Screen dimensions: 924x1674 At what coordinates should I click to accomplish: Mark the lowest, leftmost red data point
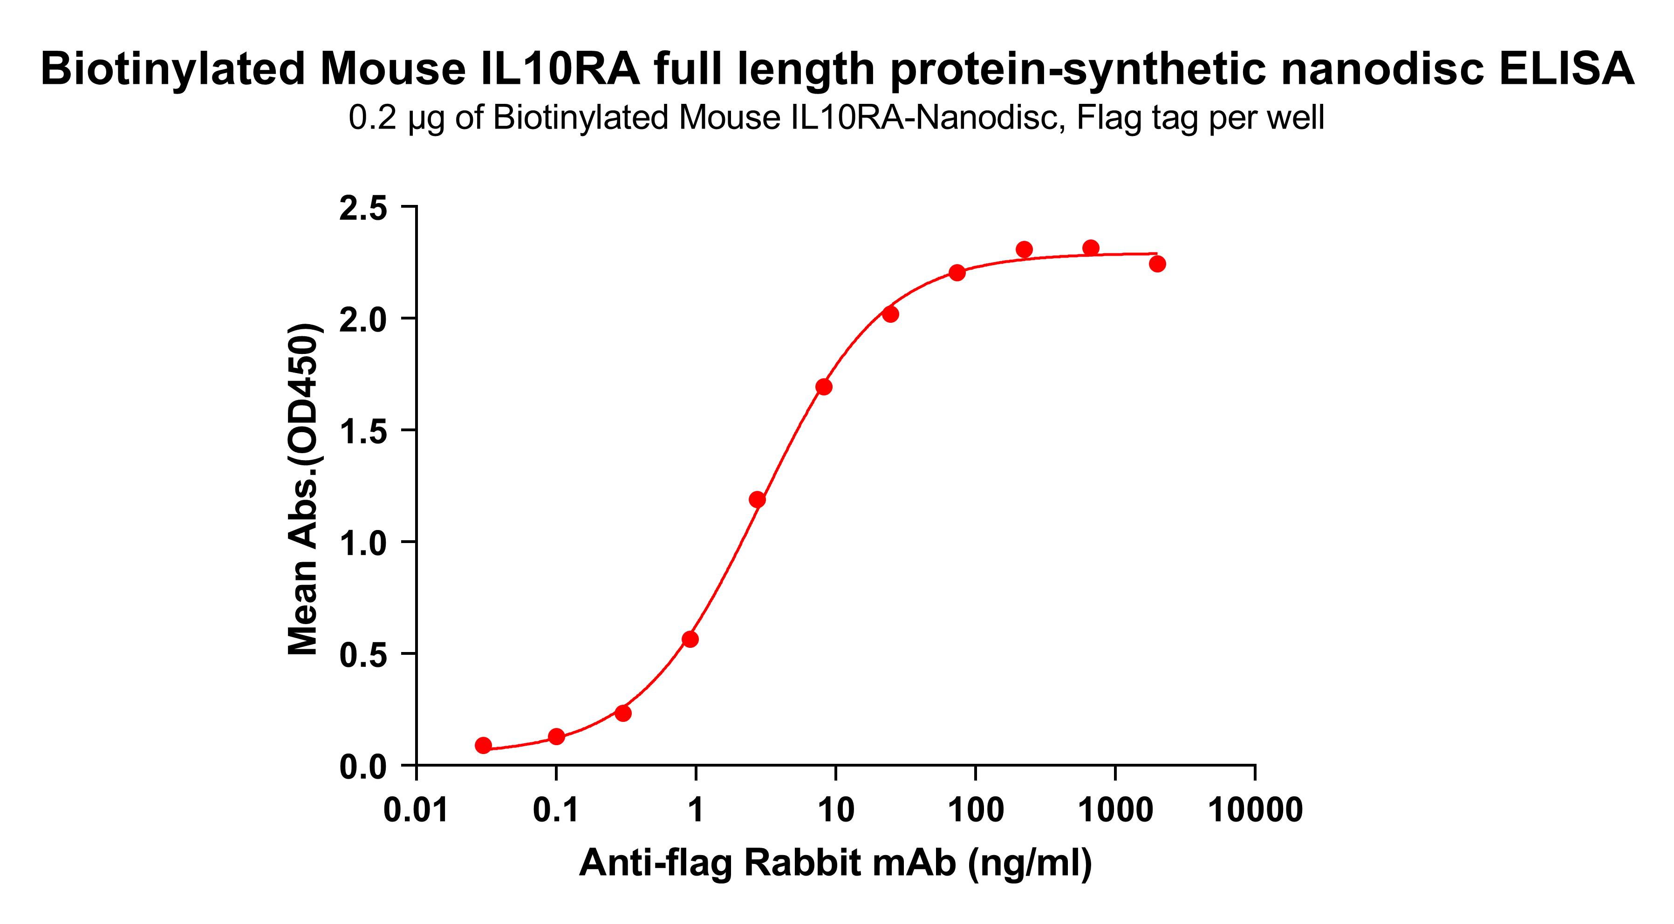pos(483,745)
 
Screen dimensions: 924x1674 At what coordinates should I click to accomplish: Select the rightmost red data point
pos(1157,264)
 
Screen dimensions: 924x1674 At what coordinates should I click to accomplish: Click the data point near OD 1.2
pos(757,500)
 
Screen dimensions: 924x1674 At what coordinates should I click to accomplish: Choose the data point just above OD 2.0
pos(890,314)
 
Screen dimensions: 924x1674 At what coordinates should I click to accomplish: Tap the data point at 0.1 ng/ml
pos(556,736)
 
